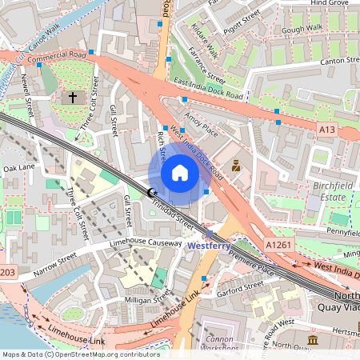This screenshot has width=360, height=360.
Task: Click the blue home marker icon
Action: [x=180, y=173]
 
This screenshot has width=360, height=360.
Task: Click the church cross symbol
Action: [x=73, y=97]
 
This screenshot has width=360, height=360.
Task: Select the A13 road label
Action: [x=326, y=129]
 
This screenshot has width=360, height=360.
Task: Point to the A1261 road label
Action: [x=278, y=244]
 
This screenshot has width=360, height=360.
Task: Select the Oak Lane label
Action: [x=19, y=168]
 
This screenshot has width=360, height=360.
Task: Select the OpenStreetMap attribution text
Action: [x=80, y=354]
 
